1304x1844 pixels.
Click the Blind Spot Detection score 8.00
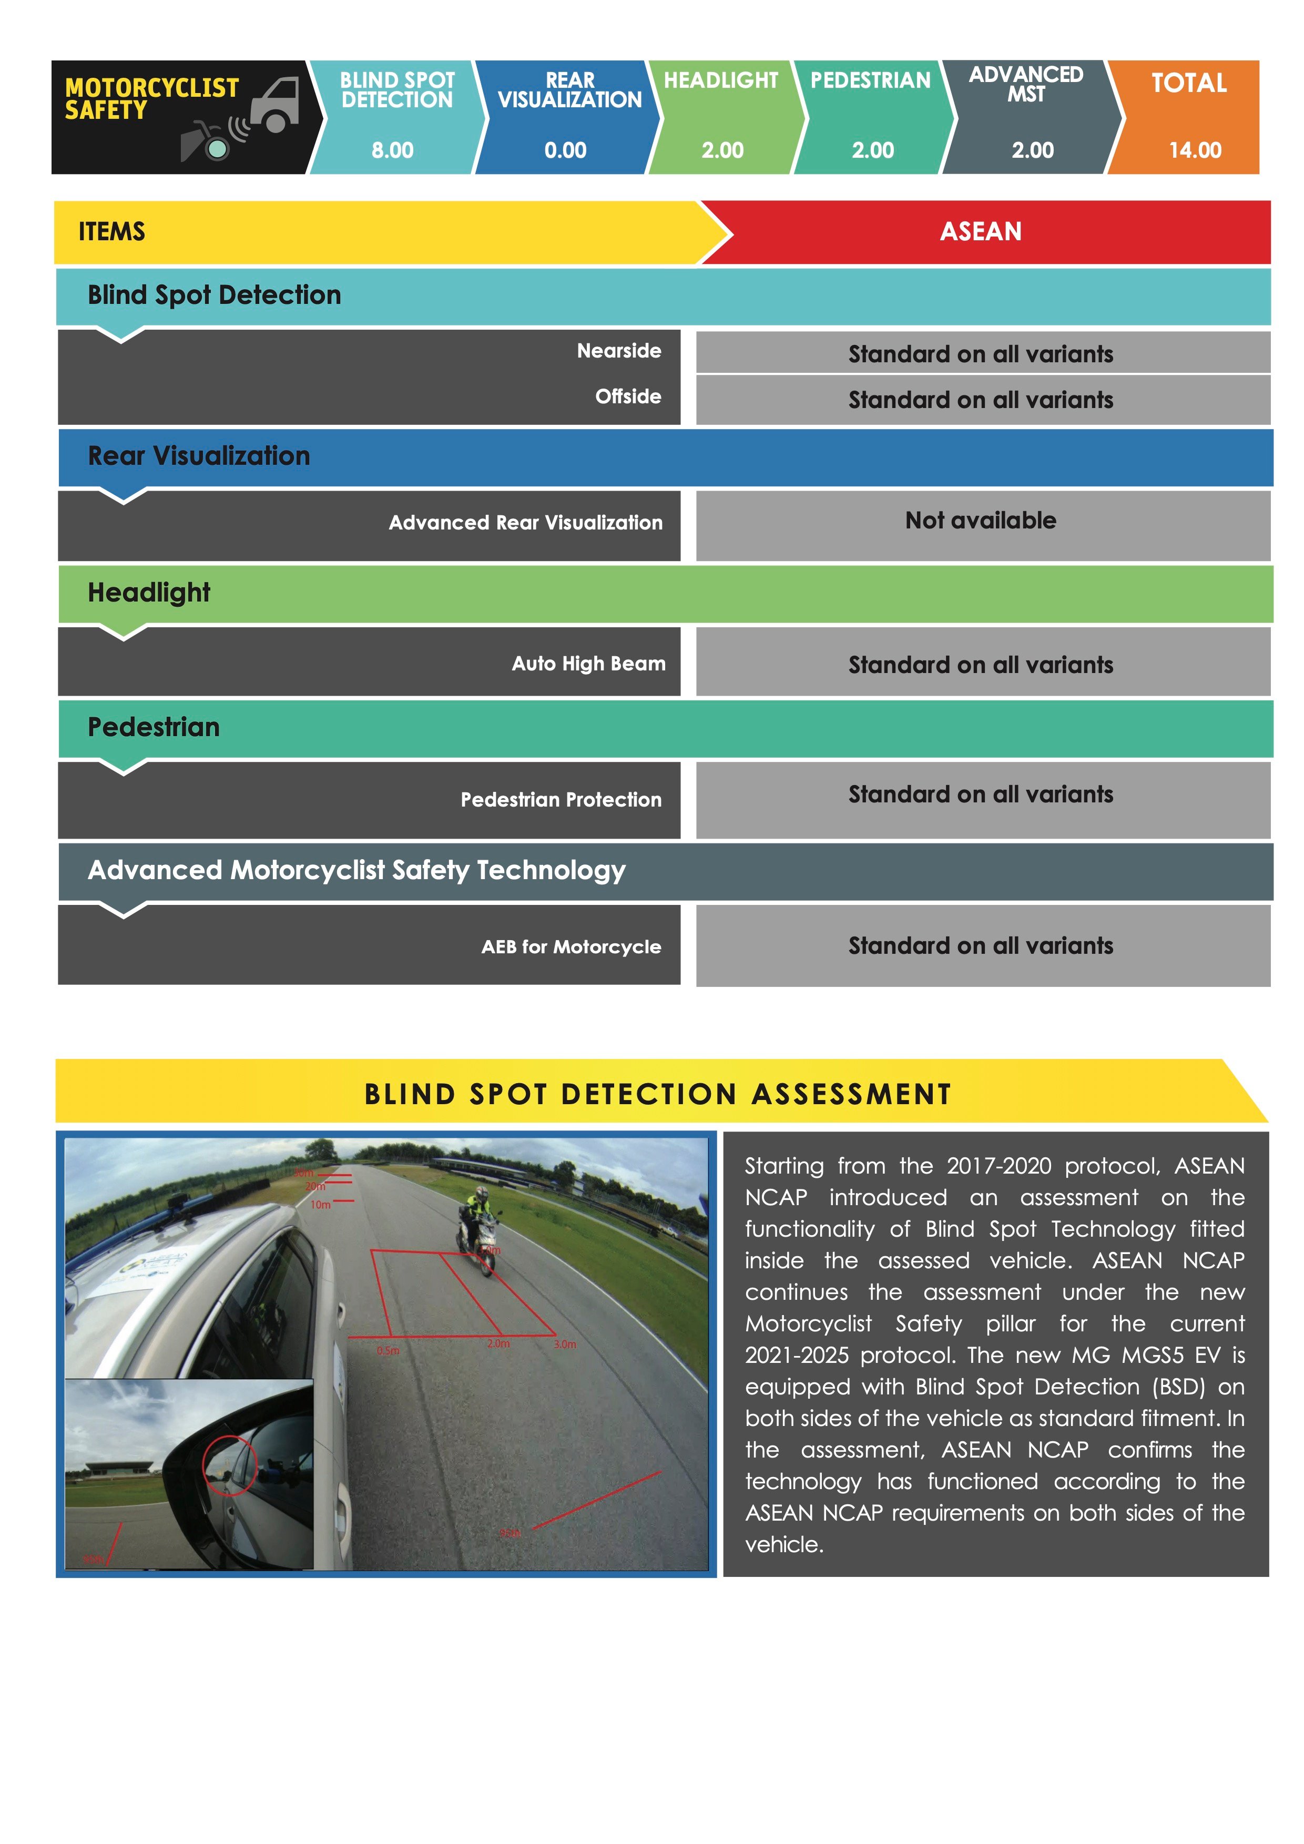tap(393, 150)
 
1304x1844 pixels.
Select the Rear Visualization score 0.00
tap(565, 150)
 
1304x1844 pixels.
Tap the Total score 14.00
tap(1195, 150)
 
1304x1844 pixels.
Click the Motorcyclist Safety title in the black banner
tap(152, 99)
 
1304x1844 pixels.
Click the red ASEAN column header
tap(981, 231)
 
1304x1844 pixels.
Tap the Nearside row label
tap(618, 351)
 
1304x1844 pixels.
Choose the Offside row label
tap(628, 397)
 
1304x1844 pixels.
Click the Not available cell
tap(981, 521)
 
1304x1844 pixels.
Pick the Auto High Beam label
tap(588, 664)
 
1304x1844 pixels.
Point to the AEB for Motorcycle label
tap(571, 947)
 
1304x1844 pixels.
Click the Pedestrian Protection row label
tap(561, 800)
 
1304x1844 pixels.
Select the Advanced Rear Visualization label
tap(525, 523)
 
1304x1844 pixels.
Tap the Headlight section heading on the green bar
tap(149, 593)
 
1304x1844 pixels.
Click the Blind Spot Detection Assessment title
tap(658, 1094)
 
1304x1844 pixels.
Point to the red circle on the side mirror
tap(230, 1466)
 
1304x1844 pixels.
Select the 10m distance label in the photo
tap(320, 1205)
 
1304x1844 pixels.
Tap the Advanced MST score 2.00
tap(1033, 150)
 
